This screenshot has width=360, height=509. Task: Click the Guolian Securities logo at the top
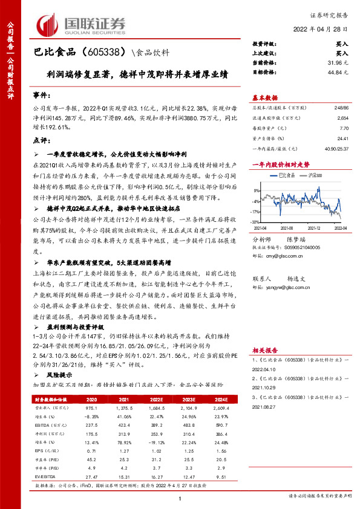[x=82, y=24]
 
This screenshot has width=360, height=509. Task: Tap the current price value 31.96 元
[x=338, y=62]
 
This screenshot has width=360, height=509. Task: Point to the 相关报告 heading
[x=265, y=350]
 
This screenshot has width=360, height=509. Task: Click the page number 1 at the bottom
[x=180, y=497]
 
